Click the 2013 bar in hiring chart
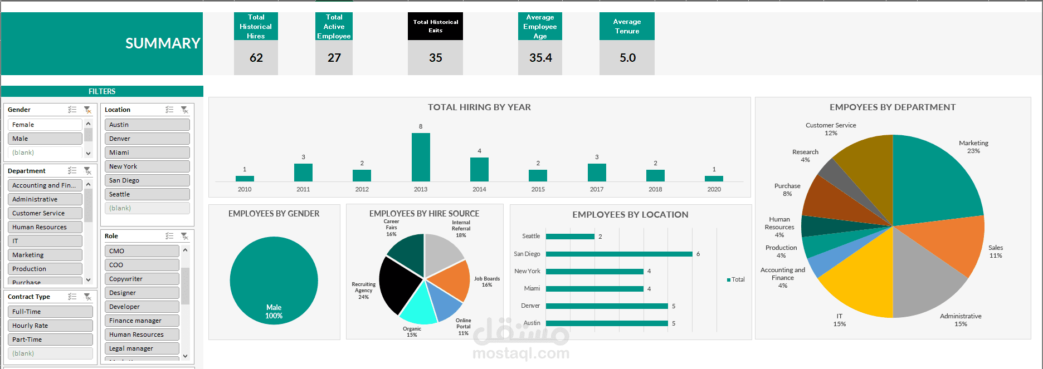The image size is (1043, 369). [421, 157]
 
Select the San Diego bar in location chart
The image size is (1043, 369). [618, 254]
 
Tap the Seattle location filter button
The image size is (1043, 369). [147, 194]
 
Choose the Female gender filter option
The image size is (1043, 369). [45, 125]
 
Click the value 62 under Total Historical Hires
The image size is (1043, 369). [256, 58]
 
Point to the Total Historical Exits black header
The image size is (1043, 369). [435, 26]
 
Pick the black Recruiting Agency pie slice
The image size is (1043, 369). [398, 284]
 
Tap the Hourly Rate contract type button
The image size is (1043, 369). [50, 326]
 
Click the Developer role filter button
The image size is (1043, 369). [142, 307]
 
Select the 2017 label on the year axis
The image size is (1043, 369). [597, 189]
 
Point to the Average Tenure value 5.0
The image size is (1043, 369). [627, 58]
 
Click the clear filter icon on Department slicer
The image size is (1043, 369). [87, 171]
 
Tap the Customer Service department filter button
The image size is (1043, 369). [45, 213]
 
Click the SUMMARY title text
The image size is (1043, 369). [162, 43]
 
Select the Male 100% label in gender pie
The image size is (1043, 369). [274, 312]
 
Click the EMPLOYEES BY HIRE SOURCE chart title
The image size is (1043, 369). [424, 214]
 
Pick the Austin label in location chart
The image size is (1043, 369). [532, 323]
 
